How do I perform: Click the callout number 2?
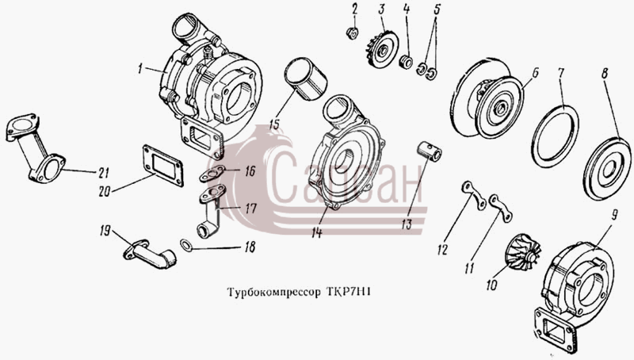coord(354,9)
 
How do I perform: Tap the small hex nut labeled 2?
coord(353,33)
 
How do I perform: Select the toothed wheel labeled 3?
coord(382,48)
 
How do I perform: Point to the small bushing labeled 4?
coord(406,62)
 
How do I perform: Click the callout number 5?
coord(437,10)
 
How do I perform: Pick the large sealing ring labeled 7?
coord(555,136)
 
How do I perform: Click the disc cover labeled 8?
coord(606,168)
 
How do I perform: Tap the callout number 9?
coord(613,215)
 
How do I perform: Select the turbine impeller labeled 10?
coord(524,253)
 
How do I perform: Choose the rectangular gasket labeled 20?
coord(162,166)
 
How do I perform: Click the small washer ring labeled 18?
coord(186,245)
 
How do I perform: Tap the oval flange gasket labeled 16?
coord(212,174)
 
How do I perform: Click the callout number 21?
coord(103,173)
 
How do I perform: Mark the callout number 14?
coord(316,232)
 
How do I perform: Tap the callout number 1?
coord(140,69)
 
